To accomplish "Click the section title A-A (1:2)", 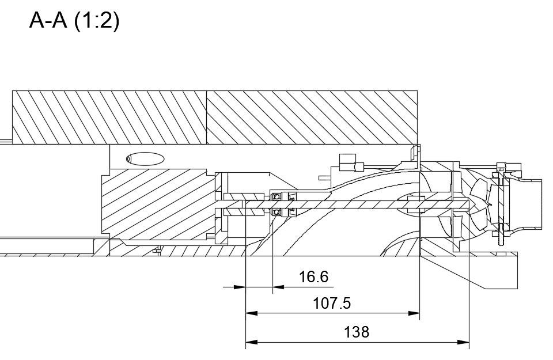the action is pos(74,21).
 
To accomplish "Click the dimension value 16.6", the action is pos(313,277).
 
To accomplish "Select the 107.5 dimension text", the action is pos(332,303).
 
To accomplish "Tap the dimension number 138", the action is pos(356,332).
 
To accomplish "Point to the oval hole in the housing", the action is pos(145,159).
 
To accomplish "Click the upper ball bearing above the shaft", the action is pos(276,196).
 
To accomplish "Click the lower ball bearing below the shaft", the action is pos(276,212).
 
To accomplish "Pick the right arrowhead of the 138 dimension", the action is pos(463,342).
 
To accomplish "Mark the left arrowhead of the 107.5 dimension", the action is pos(252,313).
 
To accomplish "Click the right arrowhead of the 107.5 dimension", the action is pos(414,313).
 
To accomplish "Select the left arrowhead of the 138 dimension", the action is pos(252,342).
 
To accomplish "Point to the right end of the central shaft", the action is pos(468,204).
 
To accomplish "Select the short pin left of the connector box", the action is pos(324,178).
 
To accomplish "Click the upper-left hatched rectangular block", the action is pos(109,118).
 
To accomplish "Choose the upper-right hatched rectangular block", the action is pos(312,118).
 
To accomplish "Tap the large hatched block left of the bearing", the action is pos(158,204).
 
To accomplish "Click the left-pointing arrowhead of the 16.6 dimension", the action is pos(278,287).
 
